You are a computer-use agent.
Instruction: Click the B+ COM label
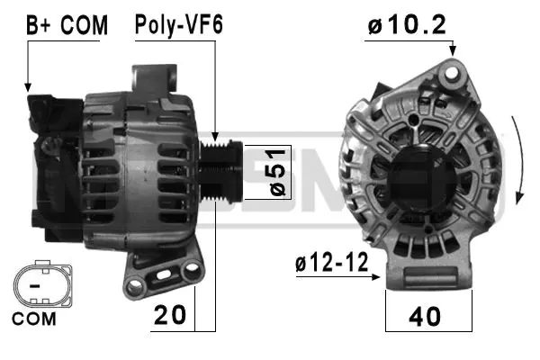tap(67, 25)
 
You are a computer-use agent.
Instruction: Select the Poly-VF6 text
tap(178, 25)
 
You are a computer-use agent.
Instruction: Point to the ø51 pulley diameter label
tap(277, 172)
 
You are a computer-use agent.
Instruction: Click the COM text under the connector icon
tap(34, 318)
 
